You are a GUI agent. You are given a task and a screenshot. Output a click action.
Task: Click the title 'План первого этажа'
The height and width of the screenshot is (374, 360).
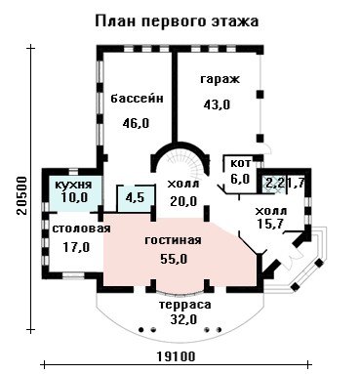click(x=177, y=21)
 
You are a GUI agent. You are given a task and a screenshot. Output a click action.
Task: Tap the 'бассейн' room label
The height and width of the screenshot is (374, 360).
click(x=137, y=98)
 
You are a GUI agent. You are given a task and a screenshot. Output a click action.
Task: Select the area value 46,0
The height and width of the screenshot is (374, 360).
click(x=136, y=123)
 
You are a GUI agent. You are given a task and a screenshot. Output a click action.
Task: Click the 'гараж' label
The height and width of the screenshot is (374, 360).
click(x=220, y=79)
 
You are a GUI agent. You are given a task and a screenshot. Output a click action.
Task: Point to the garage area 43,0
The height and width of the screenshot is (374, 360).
click(x=217, y=104)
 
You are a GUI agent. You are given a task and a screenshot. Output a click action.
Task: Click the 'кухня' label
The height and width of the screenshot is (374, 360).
click(x=73, y=185)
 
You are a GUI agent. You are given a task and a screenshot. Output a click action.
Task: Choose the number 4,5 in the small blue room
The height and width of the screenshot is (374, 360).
click(x=135, y=197)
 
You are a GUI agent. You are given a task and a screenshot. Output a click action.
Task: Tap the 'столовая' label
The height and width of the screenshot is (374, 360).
click(x=81, y=229)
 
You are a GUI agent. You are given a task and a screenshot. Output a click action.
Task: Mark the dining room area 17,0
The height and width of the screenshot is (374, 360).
click(x=76, y=247)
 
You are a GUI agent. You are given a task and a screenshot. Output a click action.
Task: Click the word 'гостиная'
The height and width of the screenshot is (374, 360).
click(x=173, y=240)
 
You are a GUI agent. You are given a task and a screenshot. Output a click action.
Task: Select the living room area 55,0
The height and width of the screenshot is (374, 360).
click(x=174, y=259)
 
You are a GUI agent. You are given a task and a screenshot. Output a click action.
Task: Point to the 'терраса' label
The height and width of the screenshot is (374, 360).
click(x=184, y=305)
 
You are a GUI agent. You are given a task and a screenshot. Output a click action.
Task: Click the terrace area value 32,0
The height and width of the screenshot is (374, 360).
click(x=183, y=319)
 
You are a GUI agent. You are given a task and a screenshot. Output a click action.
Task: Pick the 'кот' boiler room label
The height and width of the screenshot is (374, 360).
click(x=241, y=163)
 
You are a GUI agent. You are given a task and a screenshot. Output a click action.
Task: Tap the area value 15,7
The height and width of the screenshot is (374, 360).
click(x=270, y=224)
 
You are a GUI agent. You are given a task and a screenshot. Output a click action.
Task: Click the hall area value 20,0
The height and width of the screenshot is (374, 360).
click(x=183, y=201)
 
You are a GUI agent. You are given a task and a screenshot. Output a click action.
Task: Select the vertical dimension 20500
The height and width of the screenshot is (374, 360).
click(x=21, y=195)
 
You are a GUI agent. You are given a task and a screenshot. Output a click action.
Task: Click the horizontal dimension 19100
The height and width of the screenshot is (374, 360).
click(x=177, y=356)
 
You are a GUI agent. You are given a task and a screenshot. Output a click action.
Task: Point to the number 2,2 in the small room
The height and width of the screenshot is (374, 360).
click(x=275, y=183)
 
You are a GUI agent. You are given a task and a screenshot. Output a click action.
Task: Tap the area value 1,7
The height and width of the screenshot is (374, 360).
click(x=296, y=183)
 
